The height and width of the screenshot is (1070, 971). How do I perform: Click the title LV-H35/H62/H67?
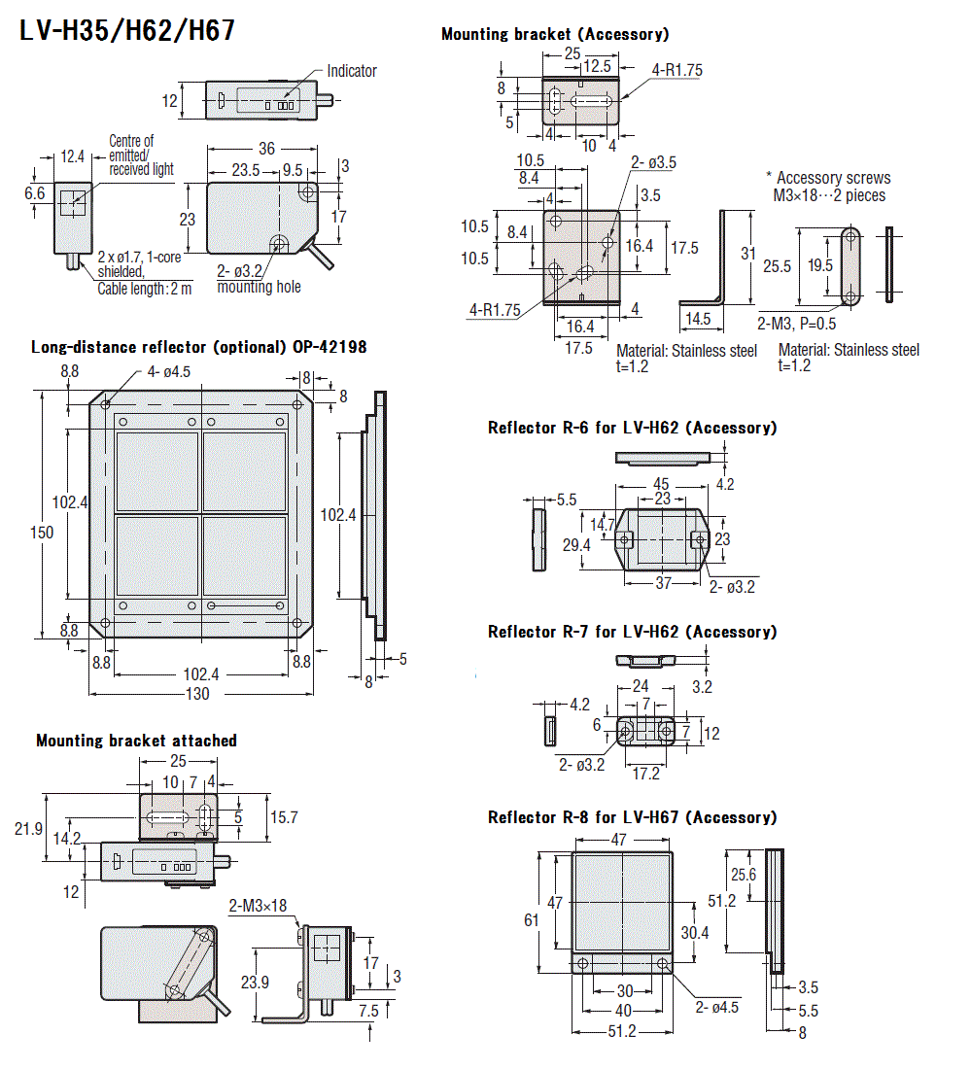[x=127, y=30]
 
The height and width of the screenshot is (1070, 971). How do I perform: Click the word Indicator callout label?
[x=351, y=71]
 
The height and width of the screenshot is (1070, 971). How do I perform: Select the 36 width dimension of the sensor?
[x=267, y=149]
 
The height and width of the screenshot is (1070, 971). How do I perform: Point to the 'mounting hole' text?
[x=259, y=287]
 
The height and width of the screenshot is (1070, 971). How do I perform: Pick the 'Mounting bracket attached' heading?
[x=136, y=741]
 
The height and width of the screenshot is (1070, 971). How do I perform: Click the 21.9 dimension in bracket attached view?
[x=29, y=828]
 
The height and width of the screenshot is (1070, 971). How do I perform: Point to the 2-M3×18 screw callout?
[x=258, y=906]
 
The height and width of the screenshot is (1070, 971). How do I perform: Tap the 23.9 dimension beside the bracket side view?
[x=255, y=983]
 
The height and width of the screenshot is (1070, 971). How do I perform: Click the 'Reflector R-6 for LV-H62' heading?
[x=632, y=428]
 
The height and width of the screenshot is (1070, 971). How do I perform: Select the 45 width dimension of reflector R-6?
[x=661, y=484]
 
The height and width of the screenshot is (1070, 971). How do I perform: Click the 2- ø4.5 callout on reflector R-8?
[x=717, y=1007]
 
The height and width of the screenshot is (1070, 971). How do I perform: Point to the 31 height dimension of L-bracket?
[x=747, y=254]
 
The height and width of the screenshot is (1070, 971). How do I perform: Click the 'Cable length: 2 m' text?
[x=145, y=288]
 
